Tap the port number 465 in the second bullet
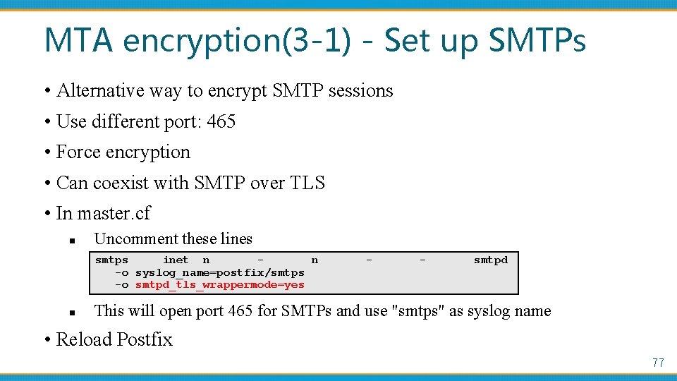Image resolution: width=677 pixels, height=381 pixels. tap(221, 121)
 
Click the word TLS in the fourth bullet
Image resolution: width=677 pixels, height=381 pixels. tap(307, 183)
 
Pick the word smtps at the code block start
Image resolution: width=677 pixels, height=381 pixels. tap(111, 260)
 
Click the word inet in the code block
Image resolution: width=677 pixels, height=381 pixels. tap(176, 260)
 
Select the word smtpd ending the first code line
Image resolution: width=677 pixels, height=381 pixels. tap(490, 260)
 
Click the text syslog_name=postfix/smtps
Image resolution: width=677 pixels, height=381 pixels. tap(219, 272)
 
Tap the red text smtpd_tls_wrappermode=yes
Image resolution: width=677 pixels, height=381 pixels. tap(219, 284)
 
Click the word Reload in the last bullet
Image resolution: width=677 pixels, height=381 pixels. tap(83, 339)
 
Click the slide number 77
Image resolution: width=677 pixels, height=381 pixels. tap(658, 363)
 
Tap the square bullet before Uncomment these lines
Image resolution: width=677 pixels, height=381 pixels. tap(73, 240)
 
